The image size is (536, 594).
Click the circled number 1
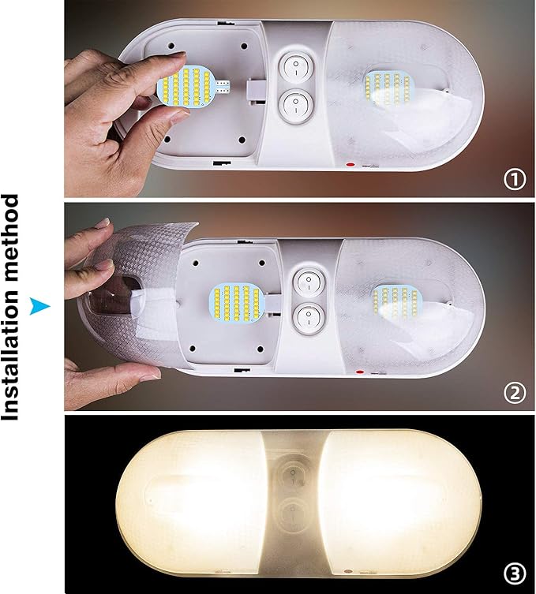[x=515, y=180]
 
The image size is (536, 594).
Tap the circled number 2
[x=515, y=392]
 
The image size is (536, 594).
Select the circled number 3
[x=515, y=571]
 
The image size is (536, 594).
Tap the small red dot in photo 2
[x=360, y=372]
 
